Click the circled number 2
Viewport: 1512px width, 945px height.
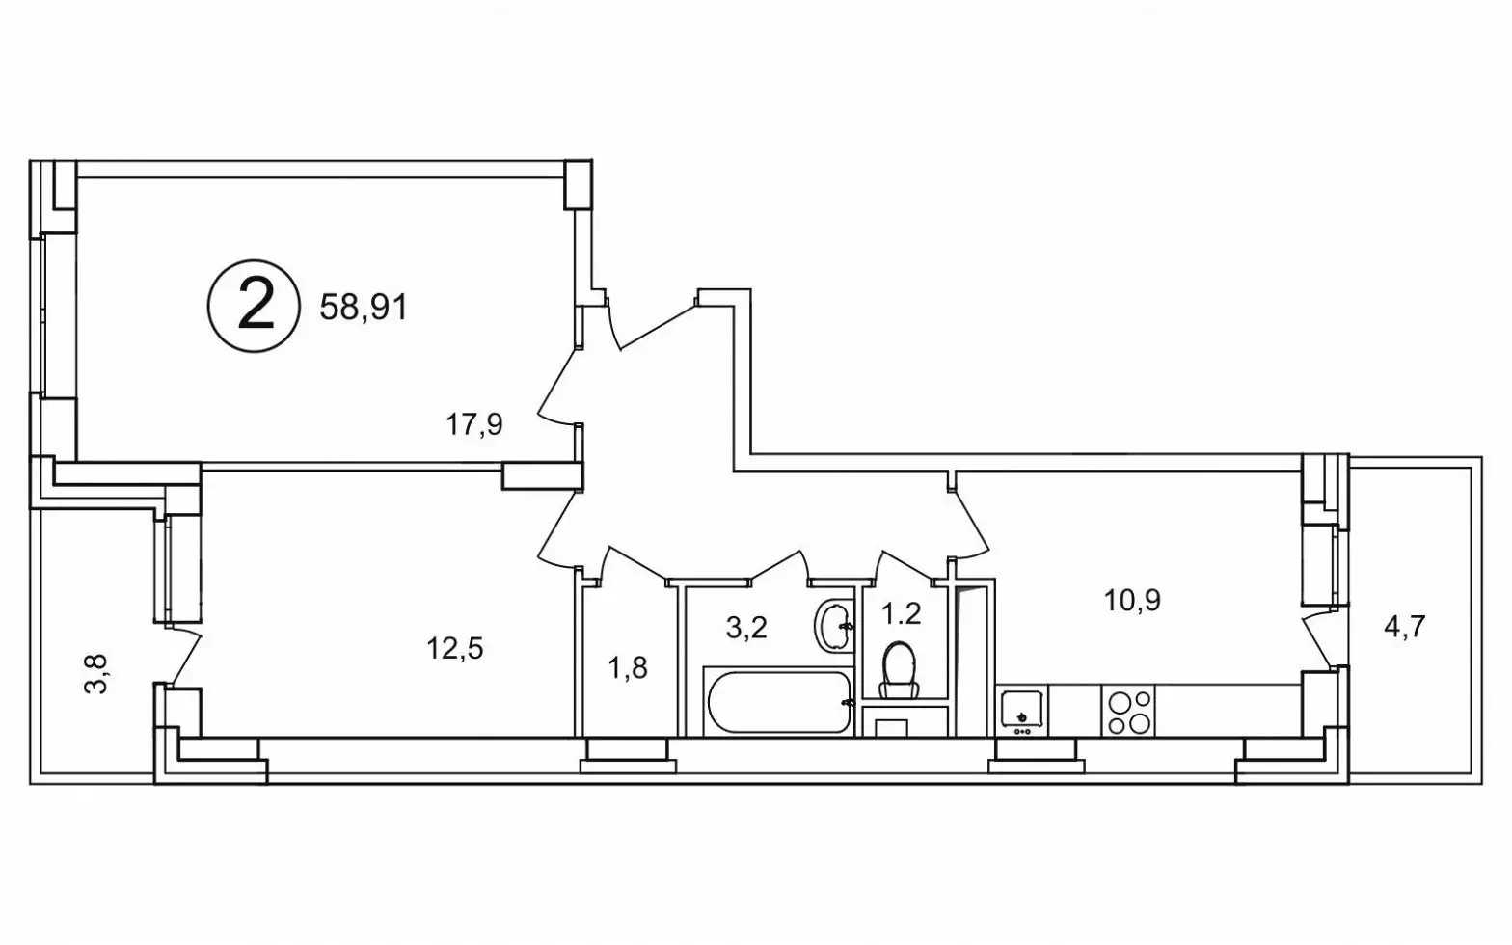[254, 307]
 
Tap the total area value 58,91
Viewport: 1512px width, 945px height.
[364, 308]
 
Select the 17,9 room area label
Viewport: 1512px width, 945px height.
[473, 425]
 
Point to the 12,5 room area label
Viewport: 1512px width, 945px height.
[455, 649]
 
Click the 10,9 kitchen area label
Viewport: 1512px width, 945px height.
[1132, 600]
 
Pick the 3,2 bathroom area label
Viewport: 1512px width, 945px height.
[746, 628]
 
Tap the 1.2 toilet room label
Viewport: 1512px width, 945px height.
[901, 613]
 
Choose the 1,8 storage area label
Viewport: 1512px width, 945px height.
[628, 668]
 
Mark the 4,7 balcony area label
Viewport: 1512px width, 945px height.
[1405, 627]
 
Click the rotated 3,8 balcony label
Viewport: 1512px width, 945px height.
[95, 674]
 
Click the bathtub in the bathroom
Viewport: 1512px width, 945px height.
[778, 701]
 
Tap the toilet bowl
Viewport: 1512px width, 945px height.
[899, 668]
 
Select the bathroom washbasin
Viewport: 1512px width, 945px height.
[833, 626]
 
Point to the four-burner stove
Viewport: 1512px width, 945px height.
[1128, 711]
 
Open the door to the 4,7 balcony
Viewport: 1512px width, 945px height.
[1316, 641]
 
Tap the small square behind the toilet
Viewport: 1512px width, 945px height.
[891, 728]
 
